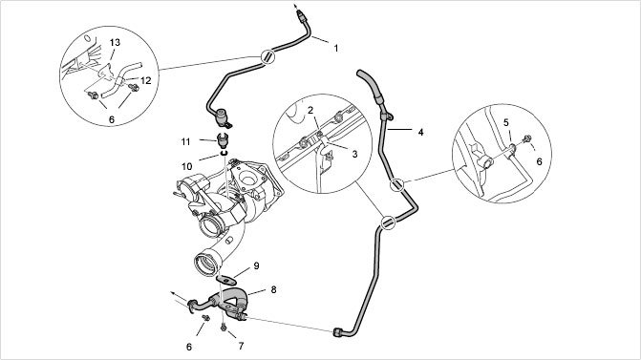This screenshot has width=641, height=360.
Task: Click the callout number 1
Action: pos(336,48)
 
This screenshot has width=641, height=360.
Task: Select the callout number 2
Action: pos(310,110)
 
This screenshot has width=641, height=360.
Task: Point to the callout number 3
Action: pos(354,154)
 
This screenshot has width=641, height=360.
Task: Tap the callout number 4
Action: pos(420,133)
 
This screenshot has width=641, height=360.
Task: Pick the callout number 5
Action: pos(506,122)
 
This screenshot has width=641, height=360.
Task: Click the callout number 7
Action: pos(241,346)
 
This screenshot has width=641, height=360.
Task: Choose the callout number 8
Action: pos(273,289)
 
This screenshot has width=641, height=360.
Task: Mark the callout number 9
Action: pos(256,266)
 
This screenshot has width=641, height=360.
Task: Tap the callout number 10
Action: pos(187,167)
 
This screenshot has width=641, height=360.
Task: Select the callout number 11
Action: pos(186,141)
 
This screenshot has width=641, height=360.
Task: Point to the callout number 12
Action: pos(146,81)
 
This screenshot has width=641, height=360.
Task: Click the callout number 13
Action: pos(115,43)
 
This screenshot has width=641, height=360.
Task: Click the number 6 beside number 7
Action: pos(189,347)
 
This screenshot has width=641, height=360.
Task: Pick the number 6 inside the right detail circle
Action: pos(539,161)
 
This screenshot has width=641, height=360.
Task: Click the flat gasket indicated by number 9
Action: pos(226,281)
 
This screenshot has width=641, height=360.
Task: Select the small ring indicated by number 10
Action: pos(224,153)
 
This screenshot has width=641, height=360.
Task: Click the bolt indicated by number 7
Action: pos(224,328)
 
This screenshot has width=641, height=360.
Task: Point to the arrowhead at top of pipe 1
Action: pos(295,7)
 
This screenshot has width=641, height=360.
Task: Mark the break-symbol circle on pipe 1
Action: pos(267,56)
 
